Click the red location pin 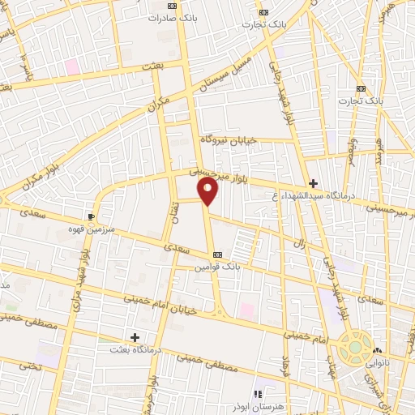coord(208,191)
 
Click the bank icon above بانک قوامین coord(216,254)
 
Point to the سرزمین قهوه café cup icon coord(91,216)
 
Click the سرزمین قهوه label coord(92,229)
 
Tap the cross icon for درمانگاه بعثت coord(135,336)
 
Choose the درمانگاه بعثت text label coord(135,349)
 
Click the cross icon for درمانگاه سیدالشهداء coord(313,183)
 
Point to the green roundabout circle coord(354,347)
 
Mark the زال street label coord(299,243)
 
